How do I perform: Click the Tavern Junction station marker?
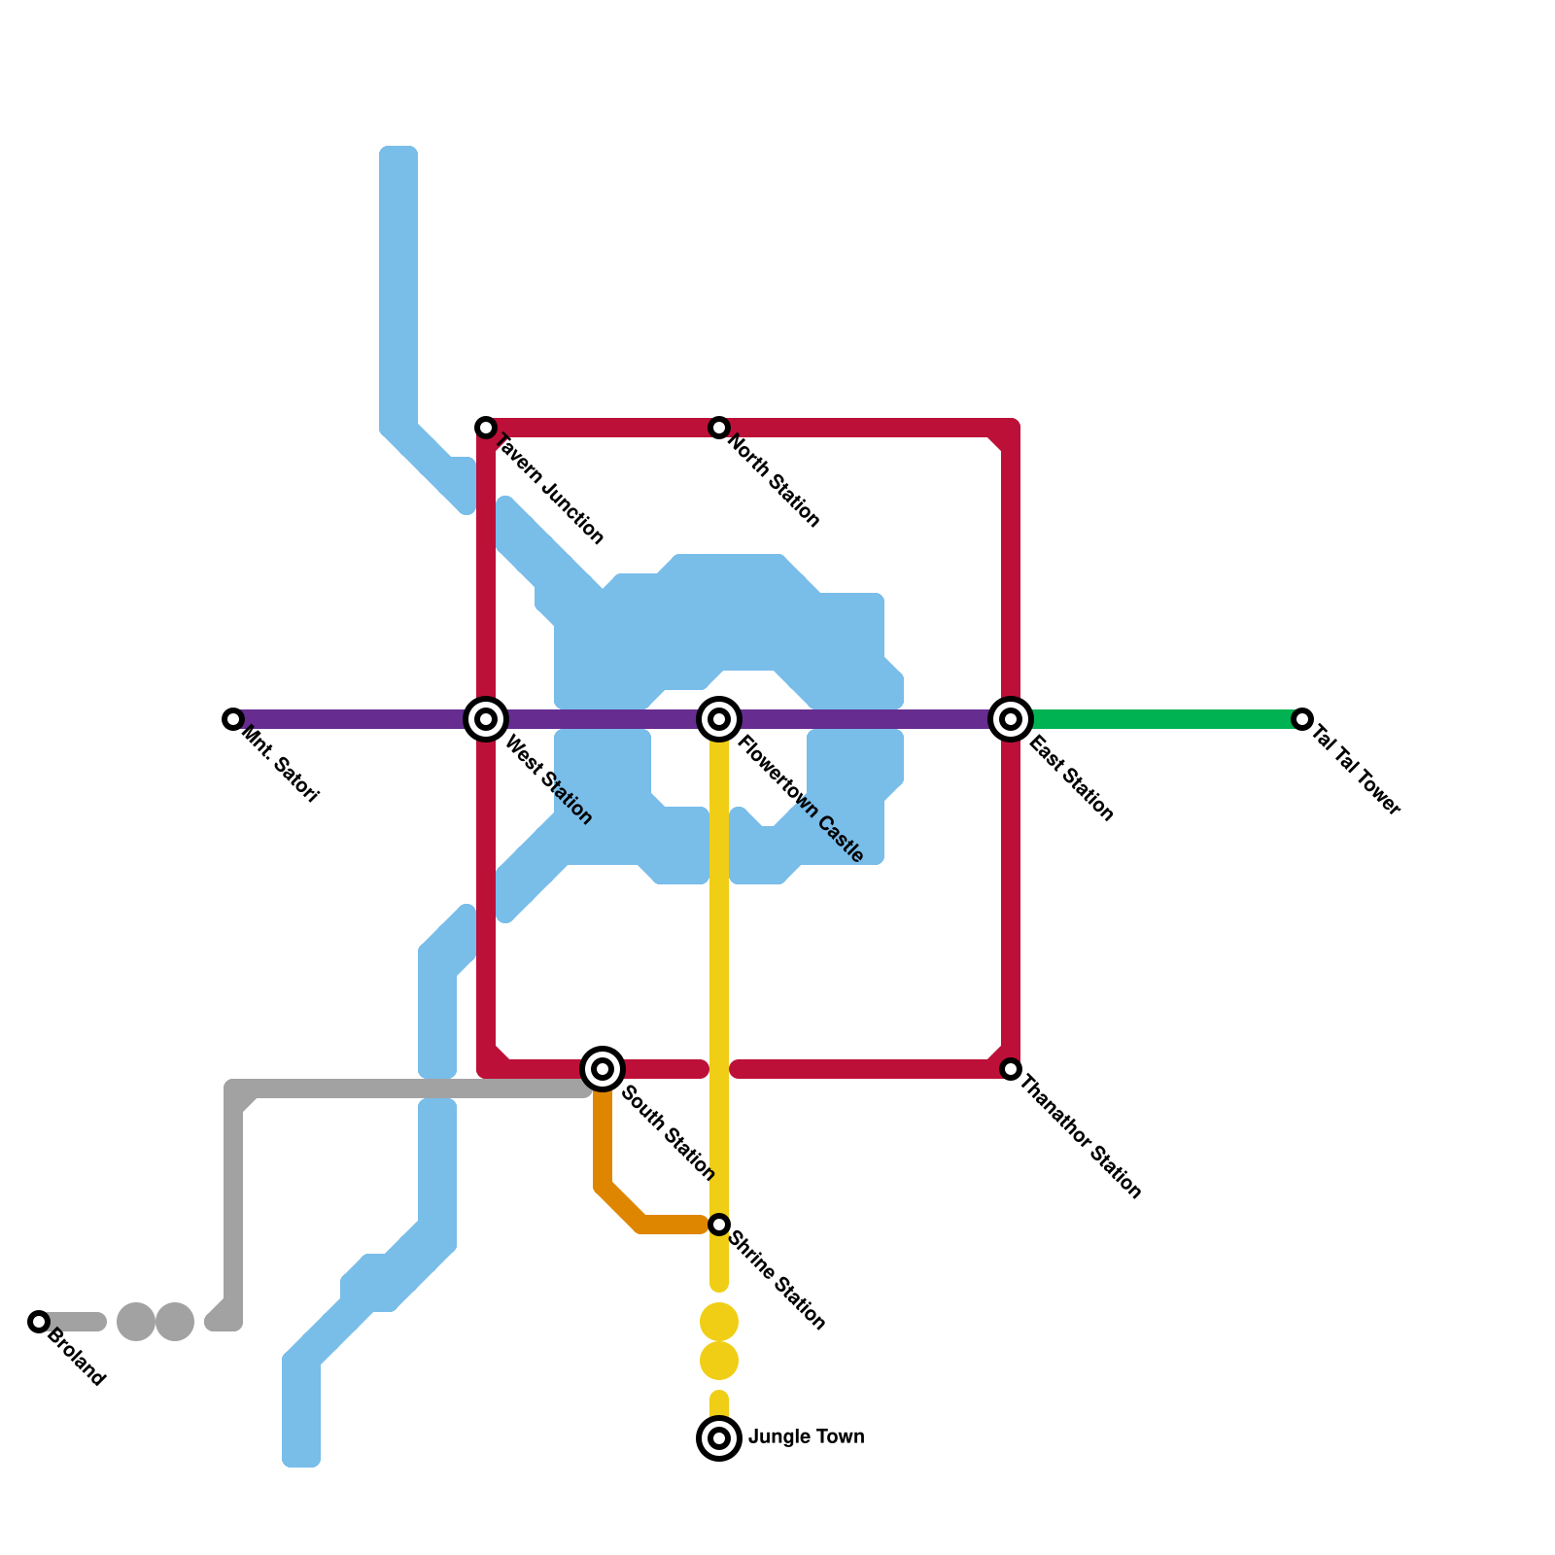click(486, 428)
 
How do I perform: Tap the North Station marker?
click(719, 428)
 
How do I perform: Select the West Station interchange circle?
click(486, 719)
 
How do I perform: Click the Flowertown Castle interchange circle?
click(719, 719)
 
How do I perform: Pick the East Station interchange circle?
click(1011, 719)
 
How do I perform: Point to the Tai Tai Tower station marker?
click(1302, 719)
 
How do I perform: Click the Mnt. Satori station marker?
click(232, 719)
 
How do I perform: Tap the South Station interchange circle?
click(603, 1069)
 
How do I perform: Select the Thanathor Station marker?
click(1011, 1069)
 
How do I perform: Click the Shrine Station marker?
click(719, 1225)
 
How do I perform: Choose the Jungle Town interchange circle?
click(719, 1438)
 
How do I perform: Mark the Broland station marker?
click(39, 1322)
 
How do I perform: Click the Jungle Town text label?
click(807, 1436)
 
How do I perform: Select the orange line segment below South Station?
click(603, 1147)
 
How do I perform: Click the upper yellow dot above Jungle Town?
click(719, 1322)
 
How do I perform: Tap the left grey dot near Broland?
click(136, 1322)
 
